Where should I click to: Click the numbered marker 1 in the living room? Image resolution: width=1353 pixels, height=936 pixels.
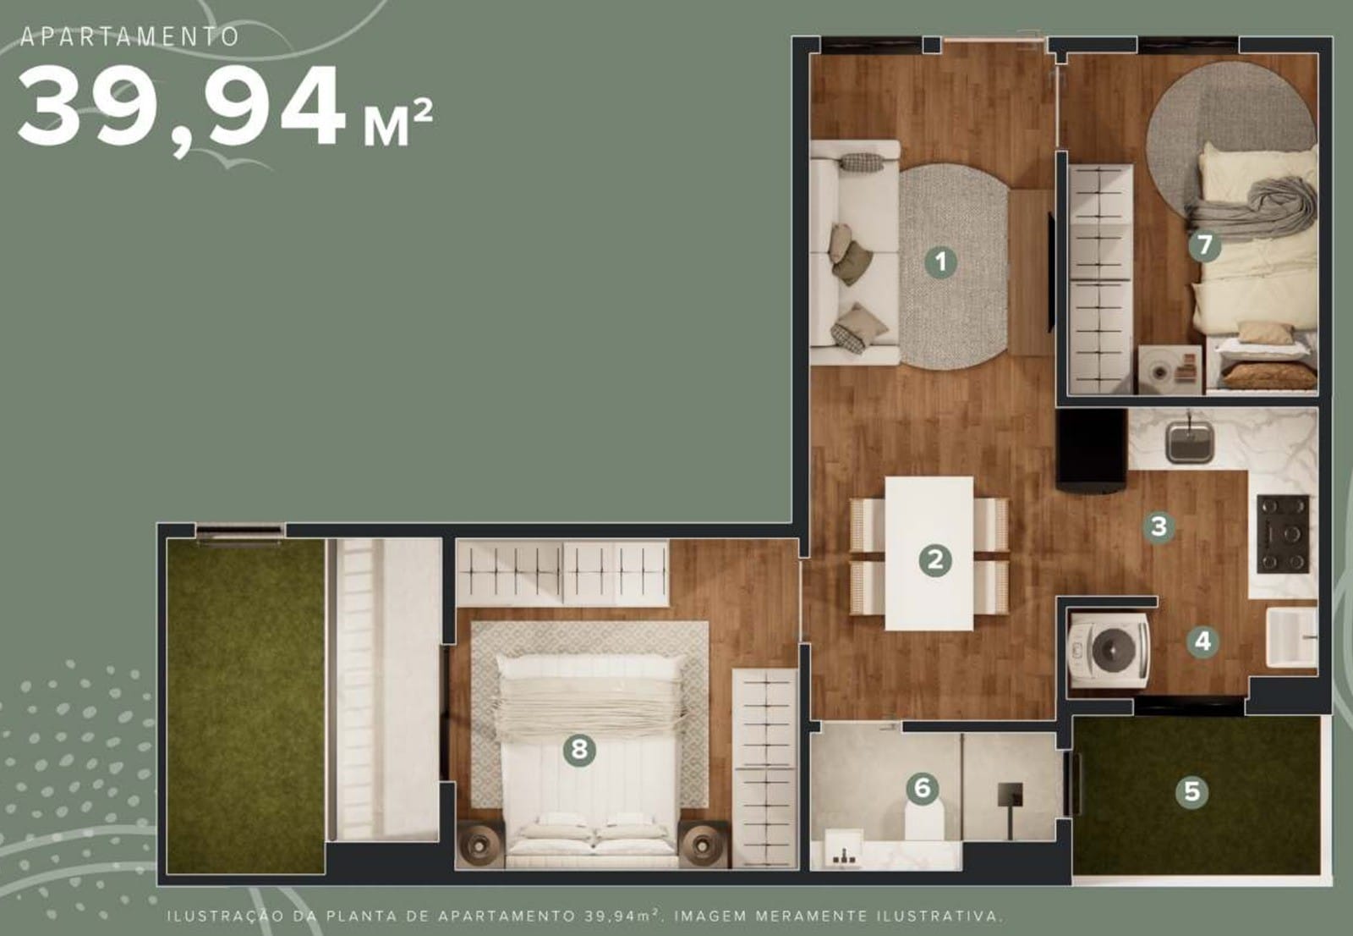click(940, 262)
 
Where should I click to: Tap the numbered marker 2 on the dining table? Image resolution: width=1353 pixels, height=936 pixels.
click(935, 560)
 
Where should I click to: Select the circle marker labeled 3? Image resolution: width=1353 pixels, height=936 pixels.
click(1159, 526)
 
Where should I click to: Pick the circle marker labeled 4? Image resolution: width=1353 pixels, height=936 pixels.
click(1202, 641)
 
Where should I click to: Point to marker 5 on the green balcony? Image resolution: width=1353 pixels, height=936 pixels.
click(1191, 791)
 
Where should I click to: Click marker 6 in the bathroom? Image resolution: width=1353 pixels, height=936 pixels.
click(923, 789)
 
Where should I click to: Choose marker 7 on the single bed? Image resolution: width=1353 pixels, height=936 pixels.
click(1204, 245)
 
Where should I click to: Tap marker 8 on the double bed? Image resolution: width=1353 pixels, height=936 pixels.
click(579, 751)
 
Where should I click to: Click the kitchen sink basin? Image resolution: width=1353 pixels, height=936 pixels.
click(1189, 442)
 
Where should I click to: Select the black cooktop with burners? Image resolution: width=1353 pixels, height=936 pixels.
click(1284, 534)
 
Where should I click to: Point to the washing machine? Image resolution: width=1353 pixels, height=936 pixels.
click(1109, 650)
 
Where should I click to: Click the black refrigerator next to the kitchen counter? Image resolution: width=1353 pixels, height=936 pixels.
click(1092, 450)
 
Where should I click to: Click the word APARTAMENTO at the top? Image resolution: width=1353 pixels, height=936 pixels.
click(130, 37)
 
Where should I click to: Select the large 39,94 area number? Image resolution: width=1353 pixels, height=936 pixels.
click(182, 107)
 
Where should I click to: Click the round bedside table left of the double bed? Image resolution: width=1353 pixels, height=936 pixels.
click(479, 844)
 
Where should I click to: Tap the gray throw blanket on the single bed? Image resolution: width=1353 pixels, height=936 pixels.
click(1253, 207)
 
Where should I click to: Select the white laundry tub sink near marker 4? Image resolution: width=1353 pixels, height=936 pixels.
click(1292, 637)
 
